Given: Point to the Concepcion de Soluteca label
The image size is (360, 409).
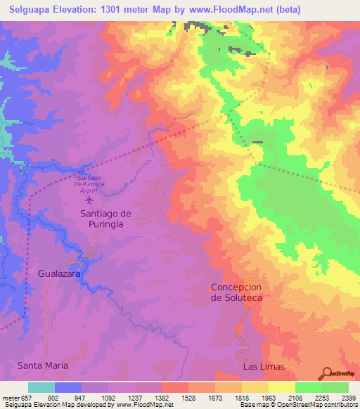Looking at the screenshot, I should (x=236, y=292).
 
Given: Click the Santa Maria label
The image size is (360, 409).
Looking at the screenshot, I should (x=43, y=365).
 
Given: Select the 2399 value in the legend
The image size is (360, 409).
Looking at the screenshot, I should (x=348, y=398).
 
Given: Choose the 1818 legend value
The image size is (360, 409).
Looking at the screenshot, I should (x=242, y=398).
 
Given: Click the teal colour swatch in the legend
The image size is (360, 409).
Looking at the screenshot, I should (x=41, y=387).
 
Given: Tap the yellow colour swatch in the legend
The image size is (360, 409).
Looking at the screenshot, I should (x=282, y=387).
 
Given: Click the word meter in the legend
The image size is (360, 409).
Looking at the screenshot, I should (x=10, y=398).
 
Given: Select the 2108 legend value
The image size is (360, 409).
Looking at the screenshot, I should (x=295, y=398).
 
